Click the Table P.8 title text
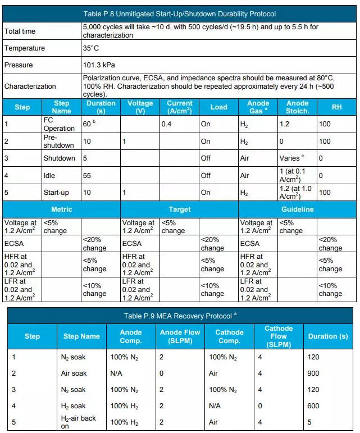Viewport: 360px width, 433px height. (x=180, y=14)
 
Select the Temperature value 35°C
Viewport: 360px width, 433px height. (x=91, y=48)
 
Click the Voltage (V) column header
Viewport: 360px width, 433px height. (x=140, y=107)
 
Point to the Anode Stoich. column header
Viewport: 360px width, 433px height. (x=297, y=107)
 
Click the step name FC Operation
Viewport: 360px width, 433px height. (x=58, y=124)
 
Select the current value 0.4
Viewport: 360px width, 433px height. (x=167, y=124)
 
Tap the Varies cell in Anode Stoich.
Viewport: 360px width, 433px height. (x=291, y=158)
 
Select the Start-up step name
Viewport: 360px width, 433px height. (x=56, y=192)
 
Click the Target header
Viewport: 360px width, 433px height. (x=179, y=209)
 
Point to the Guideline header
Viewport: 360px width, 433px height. (x=298, y=209)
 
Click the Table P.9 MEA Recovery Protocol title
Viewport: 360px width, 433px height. (x=180, y=316)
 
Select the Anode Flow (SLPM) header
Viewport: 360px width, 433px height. (x=180, y=336)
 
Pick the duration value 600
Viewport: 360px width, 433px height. (x=313, y=406)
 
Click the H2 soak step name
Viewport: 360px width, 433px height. (x=73, y=406)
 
